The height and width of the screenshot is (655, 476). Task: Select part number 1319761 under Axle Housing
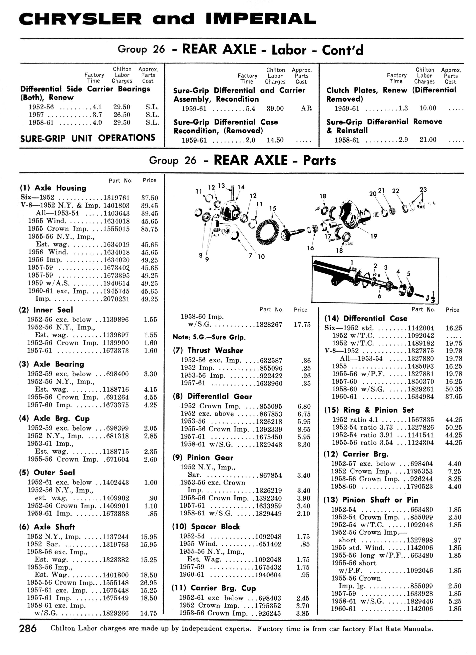(117, 198)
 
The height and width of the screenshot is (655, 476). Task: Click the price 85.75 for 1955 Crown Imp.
(150, 229)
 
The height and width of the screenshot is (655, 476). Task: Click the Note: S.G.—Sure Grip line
(209, 337)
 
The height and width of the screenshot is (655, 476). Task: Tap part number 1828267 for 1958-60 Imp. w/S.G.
(269, 325)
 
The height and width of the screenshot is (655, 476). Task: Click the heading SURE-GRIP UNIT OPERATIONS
(88, 138)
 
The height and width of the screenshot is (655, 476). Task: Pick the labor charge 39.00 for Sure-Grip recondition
(275, 109)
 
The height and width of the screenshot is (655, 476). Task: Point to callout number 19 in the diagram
(374, 236)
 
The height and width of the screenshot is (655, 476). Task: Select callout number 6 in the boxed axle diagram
(379, 296)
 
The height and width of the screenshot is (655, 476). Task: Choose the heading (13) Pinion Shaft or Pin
(371, 500)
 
